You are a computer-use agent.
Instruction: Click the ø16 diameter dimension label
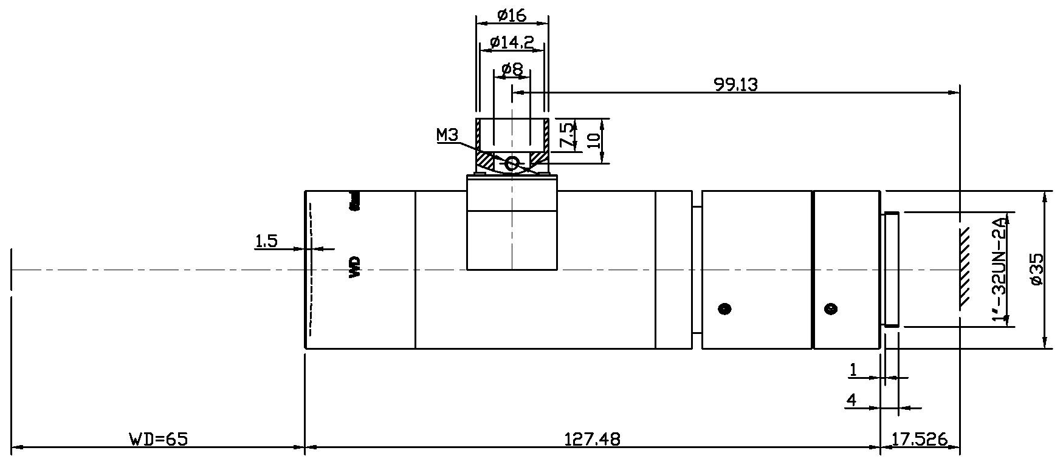pyautogui.click(x=511, y=15)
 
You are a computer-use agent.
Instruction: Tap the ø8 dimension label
pyautogui.click(x=512, y=69)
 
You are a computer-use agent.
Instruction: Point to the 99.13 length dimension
pyautogui.click(x=735, y=85)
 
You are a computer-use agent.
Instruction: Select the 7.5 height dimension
pyautogui.click(x=565, y=135)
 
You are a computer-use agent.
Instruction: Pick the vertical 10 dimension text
pyautogui.click(x=594, y=140)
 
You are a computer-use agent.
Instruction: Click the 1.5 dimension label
pyautogui.click(x=266, y=241)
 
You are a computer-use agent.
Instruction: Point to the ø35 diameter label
pyautogui.click(x=1036, y=269)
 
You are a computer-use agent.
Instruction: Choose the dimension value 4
pyautogui.click(x=851, y=400)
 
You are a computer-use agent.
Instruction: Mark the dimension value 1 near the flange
pyautogui.click(x=853, y=370)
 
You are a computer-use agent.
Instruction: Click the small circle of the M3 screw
pyautogui.click(x=511, y=163)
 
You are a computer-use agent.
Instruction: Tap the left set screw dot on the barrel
pyautogui.click(x=724, y=308)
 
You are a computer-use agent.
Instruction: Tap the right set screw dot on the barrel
pyautogui.click(x=830, y=308)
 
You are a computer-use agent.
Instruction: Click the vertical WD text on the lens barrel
pyautogui.click(x=355, y=267)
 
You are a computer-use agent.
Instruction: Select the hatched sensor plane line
pyautogui.click(x=964, y=267)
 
